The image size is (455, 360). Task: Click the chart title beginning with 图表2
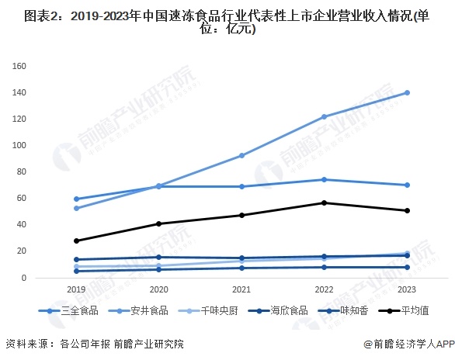pyautogui.click(x=227, y=22)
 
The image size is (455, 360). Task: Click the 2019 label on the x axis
pyautogui.click(x=75, y=289)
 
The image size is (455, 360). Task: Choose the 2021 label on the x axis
pyautogui.click(x=241, y=289)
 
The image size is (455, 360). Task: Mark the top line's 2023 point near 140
pyautogui.click(x=408, y=92)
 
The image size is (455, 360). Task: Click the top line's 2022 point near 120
pyautogui.click(x=325, y=116)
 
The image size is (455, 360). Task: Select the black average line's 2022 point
pyautogui.click(x=325, y=202)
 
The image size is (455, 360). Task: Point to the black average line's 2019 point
pyautogui.click(x=75, y=241)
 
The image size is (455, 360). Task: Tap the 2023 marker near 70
pyautogui.click(x=408, y=185)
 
